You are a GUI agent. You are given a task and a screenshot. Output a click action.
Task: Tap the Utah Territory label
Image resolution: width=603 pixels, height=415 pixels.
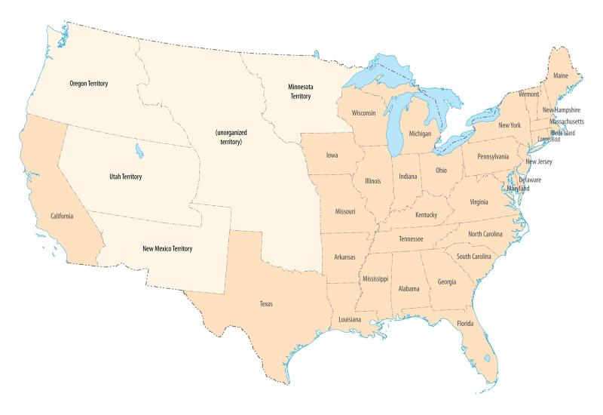(x=121, y=177)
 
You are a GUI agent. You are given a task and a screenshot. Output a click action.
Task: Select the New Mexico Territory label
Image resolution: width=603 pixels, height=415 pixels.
(x=167, y=248)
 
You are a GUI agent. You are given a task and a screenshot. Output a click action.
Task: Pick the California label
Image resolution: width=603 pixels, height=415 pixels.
(x=62, y=217)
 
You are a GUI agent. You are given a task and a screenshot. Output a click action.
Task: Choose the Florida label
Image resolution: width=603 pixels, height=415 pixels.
(x=465, y=324)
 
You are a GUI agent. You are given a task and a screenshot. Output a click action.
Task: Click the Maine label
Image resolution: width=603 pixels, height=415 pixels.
(x=561, y=75)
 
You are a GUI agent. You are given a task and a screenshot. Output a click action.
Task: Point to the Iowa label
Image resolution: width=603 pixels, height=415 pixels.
(x=332, y=155)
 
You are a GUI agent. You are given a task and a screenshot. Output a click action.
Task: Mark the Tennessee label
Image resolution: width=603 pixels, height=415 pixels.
(x=410, y=239)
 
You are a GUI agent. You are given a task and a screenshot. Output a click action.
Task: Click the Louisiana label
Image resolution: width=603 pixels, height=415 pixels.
(x=349, y=320)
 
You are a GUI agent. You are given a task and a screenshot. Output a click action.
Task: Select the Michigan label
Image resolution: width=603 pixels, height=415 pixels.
(x=420, y=134)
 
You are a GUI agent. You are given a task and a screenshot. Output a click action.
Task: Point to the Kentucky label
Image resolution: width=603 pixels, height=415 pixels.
(x=426, y=215)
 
